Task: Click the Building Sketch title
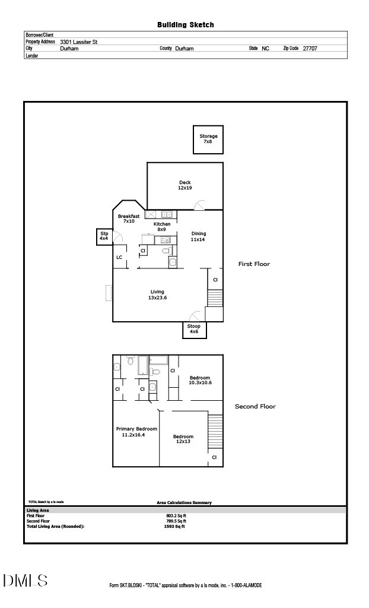pyautogui.click(x=185, y=25)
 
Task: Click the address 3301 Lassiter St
pyautogui.click(x=79, y=42)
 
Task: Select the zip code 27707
pyautogui.click(x=310, y=49)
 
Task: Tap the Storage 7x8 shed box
pyautogui.click(x=208, y=140)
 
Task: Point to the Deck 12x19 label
pyautogui.click(x=185, y=185)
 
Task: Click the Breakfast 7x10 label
pyautogui.click(x=129, y=218)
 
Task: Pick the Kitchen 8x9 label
pyautogui.click(x=162, y=226)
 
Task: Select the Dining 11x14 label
pyautogui.click(x=198, y=236)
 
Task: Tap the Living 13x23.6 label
pyautogui.click(x=157, y=294)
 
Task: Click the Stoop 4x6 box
pyautogui.click(x=194, y=330)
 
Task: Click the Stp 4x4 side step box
pyautogui.click(x=104, y=236)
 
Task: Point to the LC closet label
pyautogui.click(x=119, y=257)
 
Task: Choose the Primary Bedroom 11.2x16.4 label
pyautogui.click(x=136, y=432)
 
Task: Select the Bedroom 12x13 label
pyautogui.click(x=183, y=439)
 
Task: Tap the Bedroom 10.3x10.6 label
pyautogui.click(x=200, y=381)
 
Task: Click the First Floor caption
pyautogui.click(x=254, y=264)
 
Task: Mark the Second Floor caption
pyautogui.click(x=255, y=407)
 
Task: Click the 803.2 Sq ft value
pyautogui.click(x=176, y=515)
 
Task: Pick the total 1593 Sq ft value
pyautogui.click(x=174, y=526)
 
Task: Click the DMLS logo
pyautogui.click(x=25, y=581)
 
